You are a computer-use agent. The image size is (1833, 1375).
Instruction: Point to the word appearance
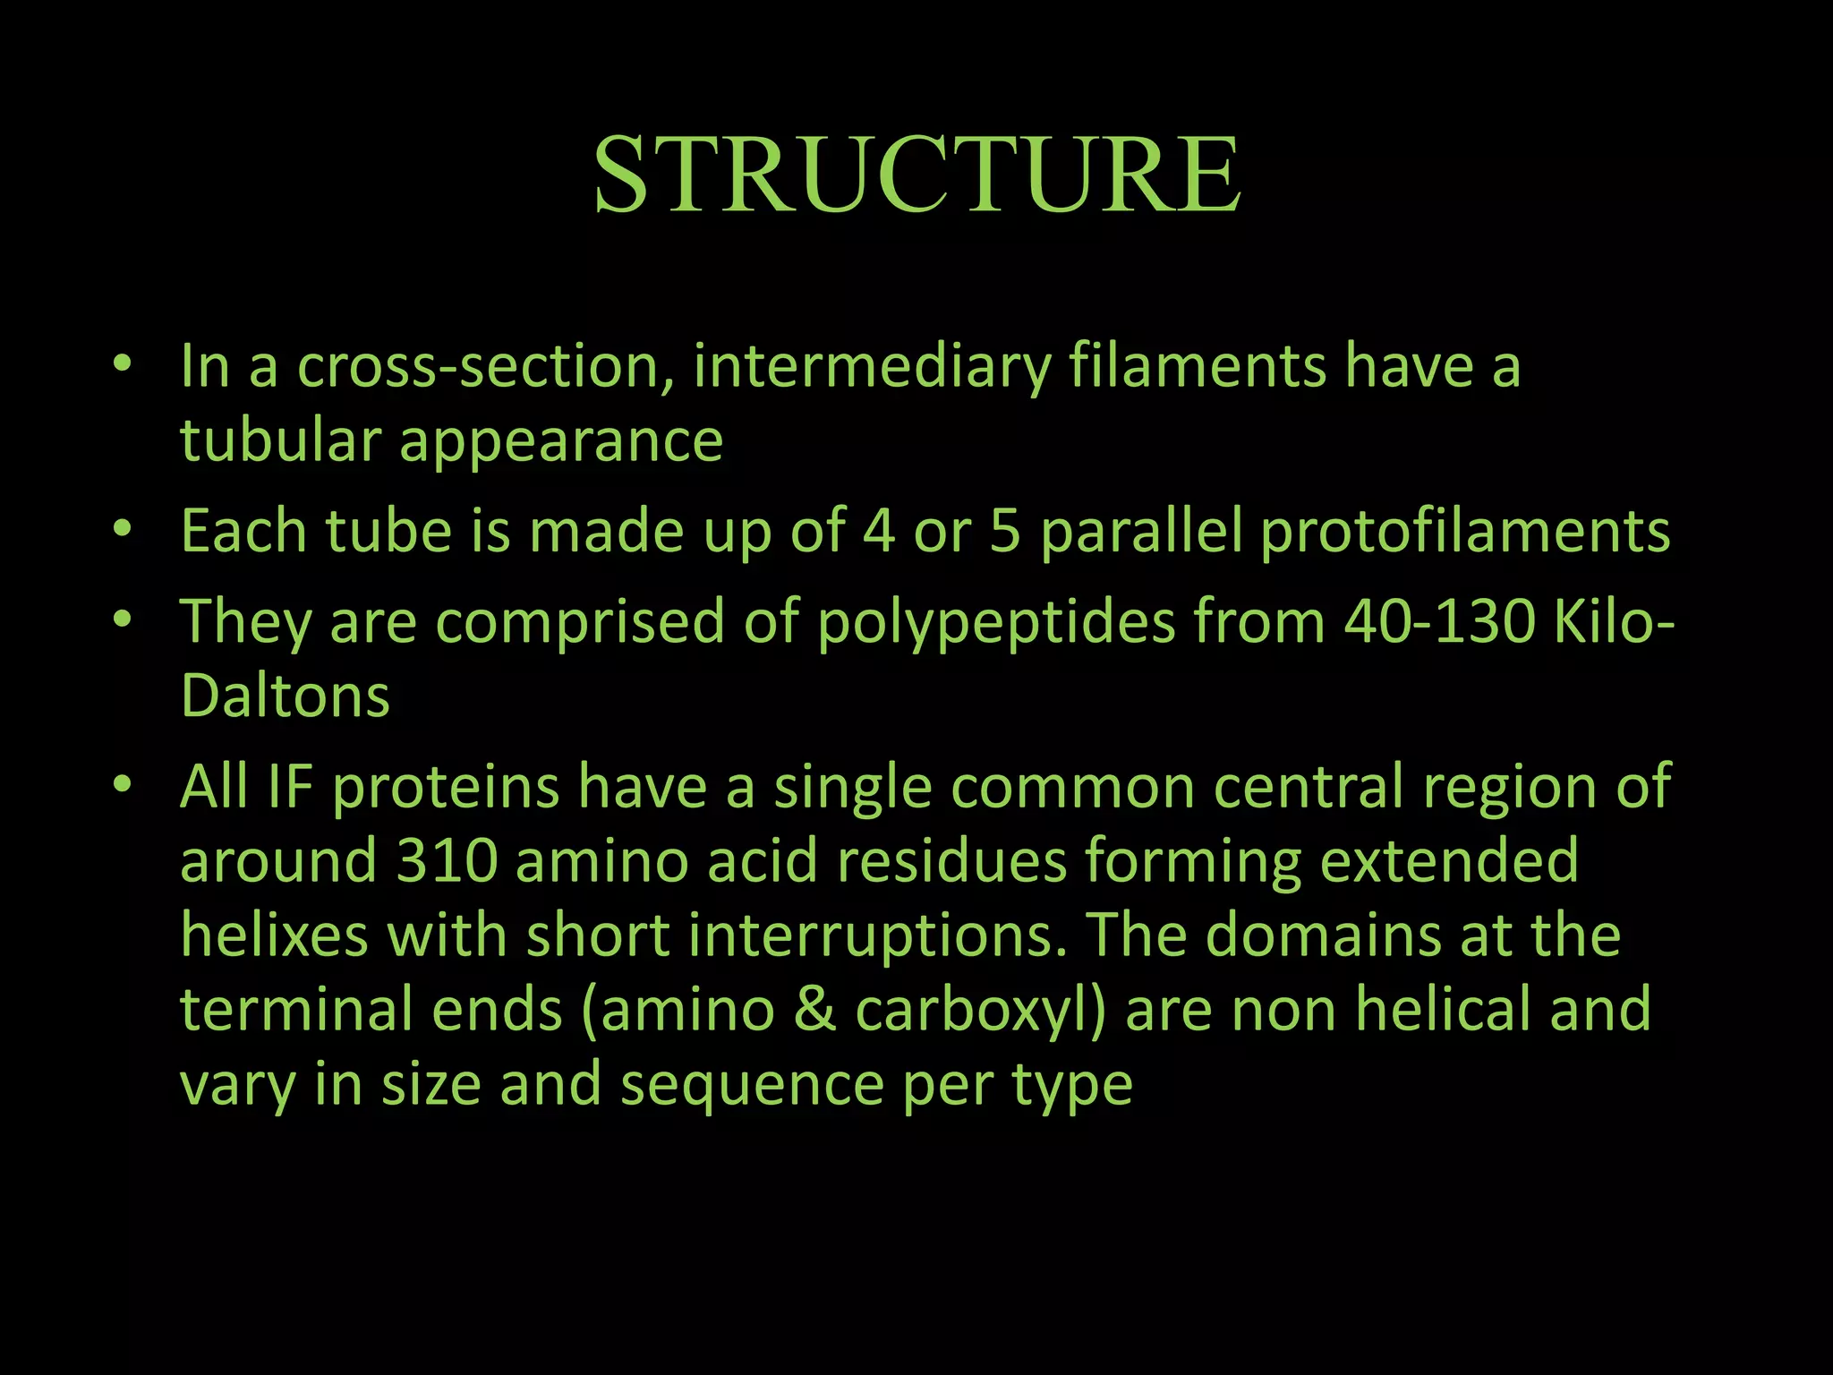click(561, 442)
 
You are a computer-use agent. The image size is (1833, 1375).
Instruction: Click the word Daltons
click(285, 696)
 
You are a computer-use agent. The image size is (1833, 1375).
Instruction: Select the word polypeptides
click(995, 622)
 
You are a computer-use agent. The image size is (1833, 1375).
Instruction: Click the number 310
click(446, 860)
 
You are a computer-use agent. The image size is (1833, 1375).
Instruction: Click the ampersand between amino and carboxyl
click(814, 1010)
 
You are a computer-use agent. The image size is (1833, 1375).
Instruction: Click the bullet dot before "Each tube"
click(123, 527)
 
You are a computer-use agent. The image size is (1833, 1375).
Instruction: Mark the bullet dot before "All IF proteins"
click(123, 783)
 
